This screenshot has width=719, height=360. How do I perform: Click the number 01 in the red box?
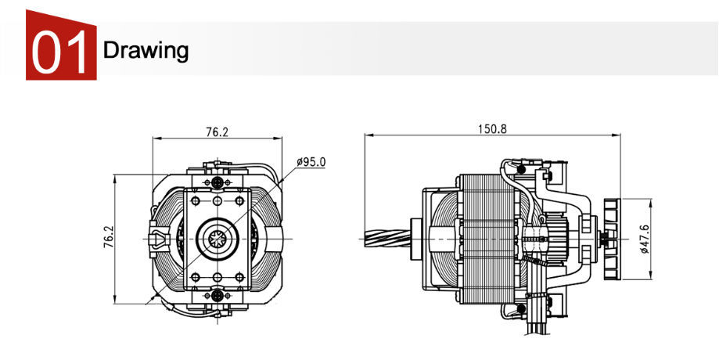click(x=60, y=51)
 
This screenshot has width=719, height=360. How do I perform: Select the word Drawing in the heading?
click(x=146, y=51)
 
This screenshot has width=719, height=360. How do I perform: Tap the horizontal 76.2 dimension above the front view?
click(x=217, y=132)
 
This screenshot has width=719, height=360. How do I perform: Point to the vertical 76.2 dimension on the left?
click(x=109, y=238)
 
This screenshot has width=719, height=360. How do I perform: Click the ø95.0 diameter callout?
click(x=311, y=162)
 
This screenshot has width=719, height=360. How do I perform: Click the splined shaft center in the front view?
click(x=217, y=237)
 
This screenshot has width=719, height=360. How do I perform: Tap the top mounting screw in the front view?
click(x=217, y=181)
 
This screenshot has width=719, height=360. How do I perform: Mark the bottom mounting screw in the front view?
click(x=217, y=295)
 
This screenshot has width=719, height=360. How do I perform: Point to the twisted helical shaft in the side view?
click(x=391, y=237)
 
